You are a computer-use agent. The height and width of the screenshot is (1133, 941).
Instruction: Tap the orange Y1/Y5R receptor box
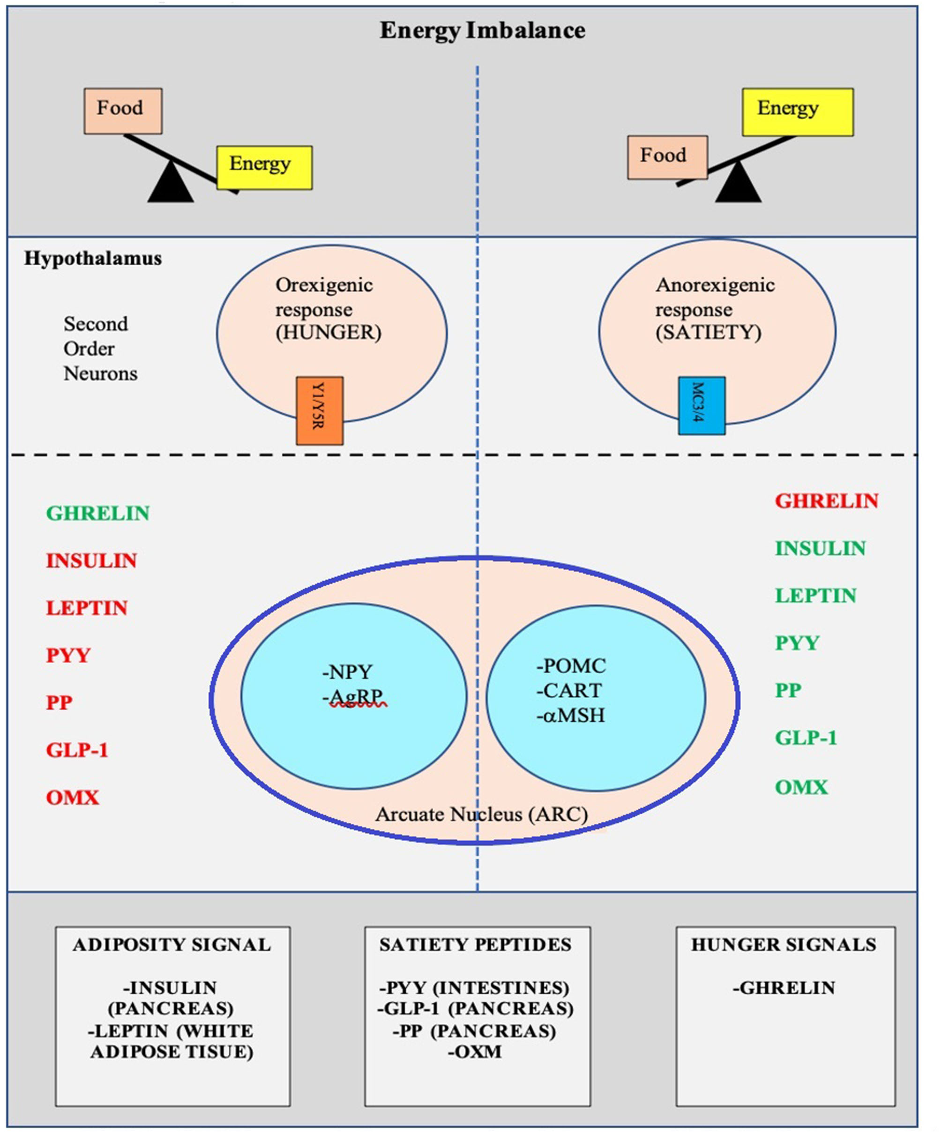320,410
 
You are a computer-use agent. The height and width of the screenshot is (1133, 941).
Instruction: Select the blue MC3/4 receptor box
701,406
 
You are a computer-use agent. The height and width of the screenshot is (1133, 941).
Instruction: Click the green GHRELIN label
97,513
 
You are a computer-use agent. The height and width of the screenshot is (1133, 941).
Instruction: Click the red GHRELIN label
826,501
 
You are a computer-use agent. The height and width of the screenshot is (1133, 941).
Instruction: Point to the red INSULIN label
91,560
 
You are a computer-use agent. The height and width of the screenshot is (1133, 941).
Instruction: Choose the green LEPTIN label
815,596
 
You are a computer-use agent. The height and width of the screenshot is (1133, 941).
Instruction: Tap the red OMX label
72,798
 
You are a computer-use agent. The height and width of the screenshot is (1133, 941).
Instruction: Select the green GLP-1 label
806,738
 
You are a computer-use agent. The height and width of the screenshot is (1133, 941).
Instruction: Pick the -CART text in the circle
569,691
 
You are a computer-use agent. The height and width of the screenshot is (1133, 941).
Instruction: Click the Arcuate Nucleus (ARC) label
481,814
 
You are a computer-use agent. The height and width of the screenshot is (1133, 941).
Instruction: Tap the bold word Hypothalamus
93,259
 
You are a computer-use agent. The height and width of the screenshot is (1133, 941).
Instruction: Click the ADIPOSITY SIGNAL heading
172,945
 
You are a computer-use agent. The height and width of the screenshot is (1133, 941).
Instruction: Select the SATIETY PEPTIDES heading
475,945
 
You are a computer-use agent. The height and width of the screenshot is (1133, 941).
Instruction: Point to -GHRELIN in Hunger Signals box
784,988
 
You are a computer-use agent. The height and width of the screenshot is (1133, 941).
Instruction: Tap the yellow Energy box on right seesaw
797,112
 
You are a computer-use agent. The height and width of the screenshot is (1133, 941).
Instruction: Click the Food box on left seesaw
123,111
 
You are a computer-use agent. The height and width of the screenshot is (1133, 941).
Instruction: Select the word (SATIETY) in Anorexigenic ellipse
709,332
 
